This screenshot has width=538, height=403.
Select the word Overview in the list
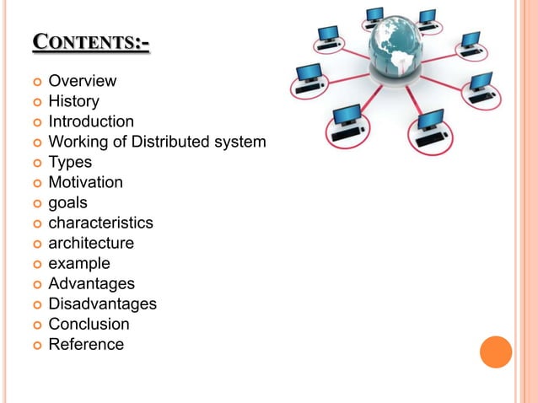pyautogui.click(x=82, y=82)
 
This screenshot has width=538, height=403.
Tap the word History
pyautogui.click(x=73, y=102)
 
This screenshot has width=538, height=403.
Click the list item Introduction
pyautogui.click(x=91, y=122)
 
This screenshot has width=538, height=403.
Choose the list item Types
pyautogui.click(x=70, y=162)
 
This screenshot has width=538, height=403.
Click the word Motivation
pyautogui.click(x=85, y=182)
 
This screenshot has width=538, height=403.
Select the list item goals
pyautogui.click(x=67, y=202)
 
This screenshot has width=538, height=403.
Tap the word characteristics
pyautogui.click(x=100, y=223)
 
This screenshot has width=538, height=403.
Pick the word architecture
pyautogui.click(x=91, y=243)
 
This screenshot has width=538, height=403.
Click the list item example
pyautogui.click(x=79, y=263)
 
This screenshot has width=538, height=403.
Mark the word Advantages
pyautogui.click(x=91, y=283)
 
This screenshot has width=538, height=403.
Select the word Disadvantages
pyautogui.click(x=102, y=304)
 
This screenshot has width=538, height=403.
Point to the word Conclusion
pyautogui.click(x=89, y=324)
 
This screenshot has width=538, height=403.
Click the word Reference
pyautogui.click(x=86, y=344)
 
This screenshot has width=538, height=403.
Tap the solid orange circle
pyautogui.click(x=496, y=352)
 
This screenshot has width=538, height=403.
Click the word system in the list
pyautogui.click(x=240, y=142)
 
